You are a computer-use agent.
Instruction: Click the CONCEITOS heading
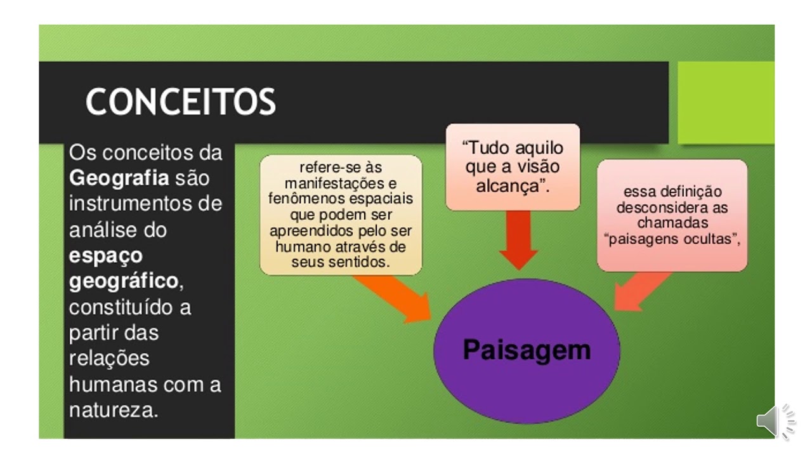(181, 102)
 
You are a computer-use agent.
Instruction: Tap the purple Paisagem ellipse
(527, 351)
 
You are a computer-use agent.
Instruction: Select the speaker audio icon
(775, 420)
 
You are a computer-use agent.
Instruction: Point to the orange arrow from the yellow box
(396, 298)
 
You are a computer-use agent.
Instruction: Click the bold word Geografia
(119, 178)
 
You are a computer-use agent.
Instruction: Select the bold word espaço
(106, 255)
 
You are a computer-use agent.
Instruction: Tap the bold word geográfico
(123, 281)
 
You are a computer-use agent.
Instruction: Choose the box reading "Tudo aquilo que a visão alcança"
(513, 167)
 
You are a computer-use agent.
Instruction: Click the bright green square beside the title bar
(726, 102)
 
